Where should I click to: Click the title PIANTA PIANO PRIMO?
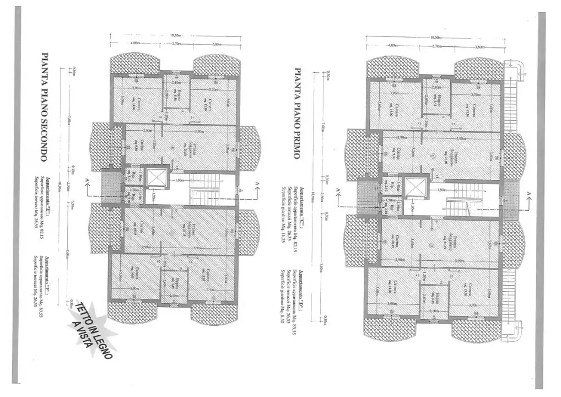(297, 114)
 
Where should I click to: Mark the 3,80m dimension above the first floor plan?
(479, 47)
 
